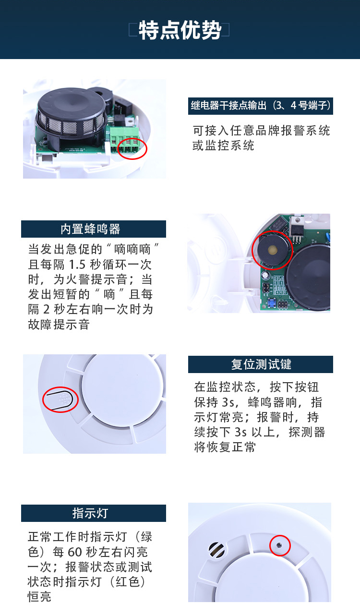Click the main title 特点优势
tap(180, 30)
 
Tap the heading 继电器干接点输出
tap(229, 106)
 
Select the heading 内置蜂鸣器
tap(91, 229)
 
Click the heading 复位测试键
tap(261, 364)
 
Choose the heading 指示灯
tap(91, 513)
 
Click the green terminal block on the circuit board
tap(125, 140)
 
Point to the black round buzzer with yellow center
tap(272, 250)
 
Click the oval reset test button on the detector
tap(60, 400)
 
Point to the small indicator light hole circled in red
tap(279, 545)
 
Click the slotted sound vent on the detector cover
tap(216, 550)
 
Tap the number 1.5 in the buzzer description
tap(77, 265)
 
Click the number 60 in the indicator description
tap(75, 552)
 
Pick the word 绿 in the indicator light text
tap(146, 537)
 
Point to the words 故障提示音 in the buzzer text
tap(59, 325)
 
